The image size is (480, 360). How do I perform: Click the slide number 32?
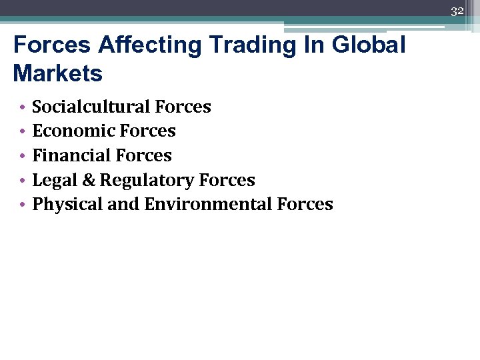457,11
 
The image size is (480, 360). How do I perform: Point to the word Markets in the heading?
57,73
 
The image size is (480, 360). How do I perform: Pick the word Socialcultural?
91,107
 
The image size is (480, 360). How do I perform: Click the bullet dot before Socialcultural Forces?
22,107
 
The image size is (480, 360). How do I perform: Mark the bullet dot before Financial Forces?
22,156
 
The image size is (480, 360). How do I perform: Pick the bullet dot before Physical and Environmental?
22,205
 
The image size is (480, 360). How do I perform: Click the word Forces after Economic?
153,131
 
